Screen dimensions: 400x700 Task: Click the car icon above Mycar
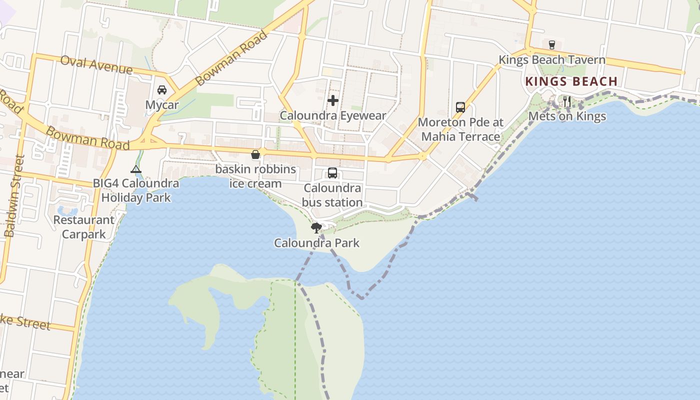tap(162, 90)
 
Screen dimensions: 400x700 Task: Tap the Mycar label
tap(162, 105)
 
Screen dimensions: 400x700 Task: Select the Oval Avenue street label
tap(96, 65)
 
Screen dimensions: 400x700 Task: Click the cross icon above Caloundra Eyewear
tap(333, 100)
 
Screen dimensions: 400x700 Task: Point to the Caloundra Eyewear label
tap(333, 115)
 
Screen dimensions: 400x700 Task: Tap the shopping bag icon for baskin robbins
tap(255, 154)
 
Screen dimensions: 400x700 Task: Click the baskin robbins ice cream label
tap(255, 176)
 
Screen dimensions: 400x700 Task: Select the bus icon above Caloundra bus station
tap(332, 173)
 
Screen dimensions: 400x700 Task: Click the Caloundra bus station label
tap(332, 195)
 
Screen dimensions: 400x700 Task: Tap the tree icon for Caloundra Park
tap(316, 228)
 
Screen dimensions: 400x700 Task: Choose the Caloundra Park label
tap(316, 243)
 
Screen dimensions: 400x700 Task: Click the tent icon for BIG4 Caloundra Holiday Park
tap(136, 169)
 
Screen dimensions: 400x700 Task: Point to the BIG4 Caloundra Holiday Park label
tap(136, 190)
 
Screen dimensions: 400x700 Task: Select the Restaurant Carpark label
tap(83, 227)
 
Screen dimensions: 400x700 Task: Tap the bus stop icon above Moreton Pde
tap(460, 107)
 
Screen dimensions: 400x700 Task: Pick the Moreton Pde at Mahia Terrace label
tap(460, 129)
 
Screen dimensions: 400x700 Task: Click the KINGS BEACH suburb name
tap(571, 81)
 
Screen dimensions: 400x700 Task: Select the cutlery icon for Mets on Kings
tap(567, 101)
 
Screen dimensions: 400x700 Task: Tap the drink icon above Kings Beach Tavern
tap(552, 45)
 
